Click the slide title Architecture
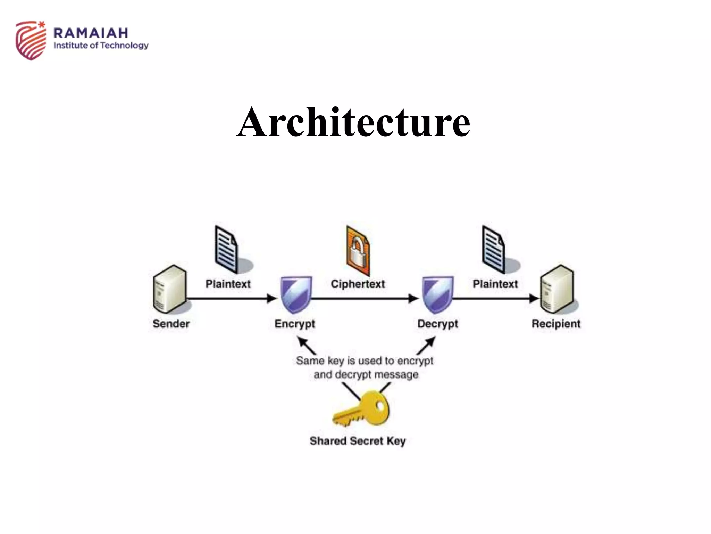(x=353, y=122)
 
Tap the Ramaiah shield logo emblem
(x=31, y=40)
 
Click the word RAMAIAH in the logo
(x=91, y=33)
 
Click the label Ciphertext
(x=358, y=284)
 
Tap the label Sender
(x=171, y=324)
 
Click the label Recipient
(x=556, y=324)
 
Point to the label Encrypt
(x=295, y=324)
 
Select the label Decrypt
(x=437, y=324)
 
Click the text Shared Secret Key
(x=358, y=441)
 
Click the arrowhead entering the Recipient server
(x=534, y=298)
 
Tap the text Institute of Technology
(x=101, y=46)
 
